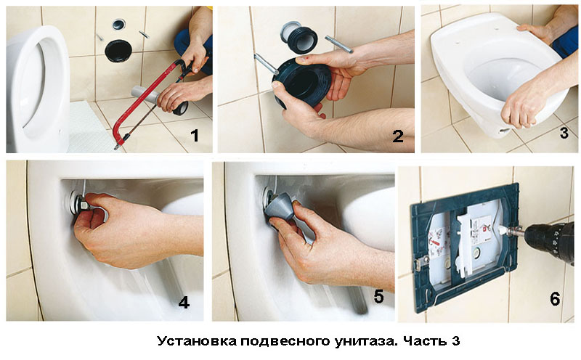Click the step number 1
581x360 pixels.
[x=195, y=136]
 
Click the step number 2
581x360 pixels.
[x=397, y=136]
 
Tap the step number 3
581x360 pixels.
[x=564, y=133]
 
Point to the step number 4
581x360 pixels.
[x=184, y=303]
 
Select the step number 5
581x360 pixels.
[x=378, y=297]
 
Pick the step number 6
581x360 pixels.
[x=555, y=299]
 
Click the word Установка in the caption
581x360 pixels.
[x=197, y=340]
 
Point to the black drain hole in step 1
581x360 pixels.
[x=119, y=50]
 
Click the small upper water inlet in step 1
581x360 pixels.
[x=118, y=24]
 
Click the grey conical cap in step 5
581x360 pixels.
[x=282, y=208]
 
